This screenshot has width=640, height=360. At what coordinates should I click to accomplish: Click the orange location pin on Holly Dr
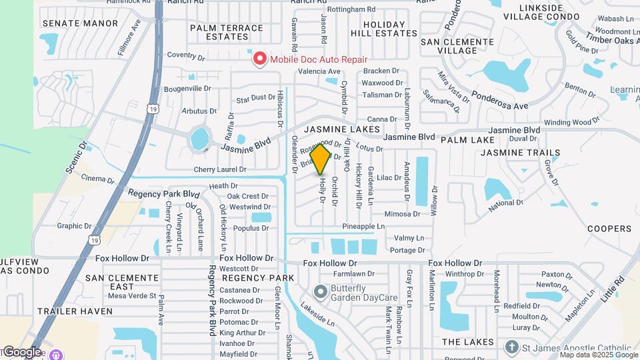coord(321,159)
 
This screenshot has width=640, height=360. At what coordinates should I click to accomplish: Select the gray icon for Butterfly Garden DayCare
coord(321,292)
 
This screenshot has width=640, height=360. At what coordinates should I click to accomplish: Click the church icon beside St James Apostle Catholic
coord(511,347)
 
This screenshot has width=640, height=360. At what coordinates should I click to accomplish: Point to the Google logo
coord(21,351)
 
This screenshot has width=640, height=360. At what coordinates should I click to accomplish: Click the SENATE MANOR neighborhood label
coord(80,23)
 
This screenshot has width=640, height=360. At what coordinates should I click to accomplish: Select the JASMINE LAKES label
coord(343,129)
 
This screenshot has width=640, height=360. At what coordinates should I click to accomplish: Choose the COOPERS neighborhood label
coord(609,229)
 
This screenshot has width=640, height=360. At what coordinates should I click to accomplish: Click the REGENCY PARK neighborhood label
coord(258,277)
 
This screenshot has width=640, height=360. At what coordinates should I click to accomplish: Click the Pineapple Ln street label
coord(363,227)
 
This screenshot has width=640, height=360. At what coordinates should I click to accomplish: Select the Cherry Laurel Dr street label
coord(221,169)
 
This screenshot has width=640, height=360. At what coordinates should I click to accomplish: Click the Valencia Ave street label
coord(319,71)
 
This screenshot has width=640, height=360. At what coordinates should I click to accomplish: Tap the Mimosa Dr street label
coord(403,214)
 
